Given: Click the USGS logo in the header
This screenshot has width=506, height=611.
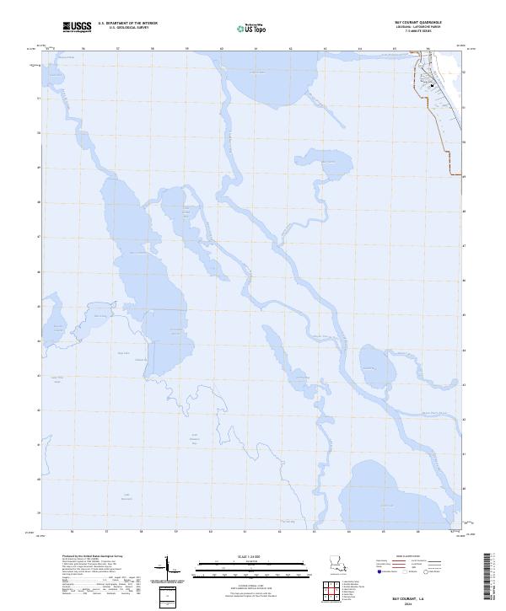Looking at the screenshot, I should pyautogui.click(x=78, y=26).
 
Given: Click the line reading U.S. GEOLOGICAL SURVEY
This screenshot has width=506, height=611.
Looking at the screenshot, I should pyautogui.click(x=126, y=27).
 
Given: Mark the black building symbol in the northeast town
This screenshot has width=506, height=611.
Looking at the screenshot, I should pyautogui.click(x=433, y=85).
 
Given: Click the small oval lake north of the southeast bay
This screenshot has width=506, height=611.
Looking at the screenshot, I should pyautogui.click(x=373, y=362).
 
